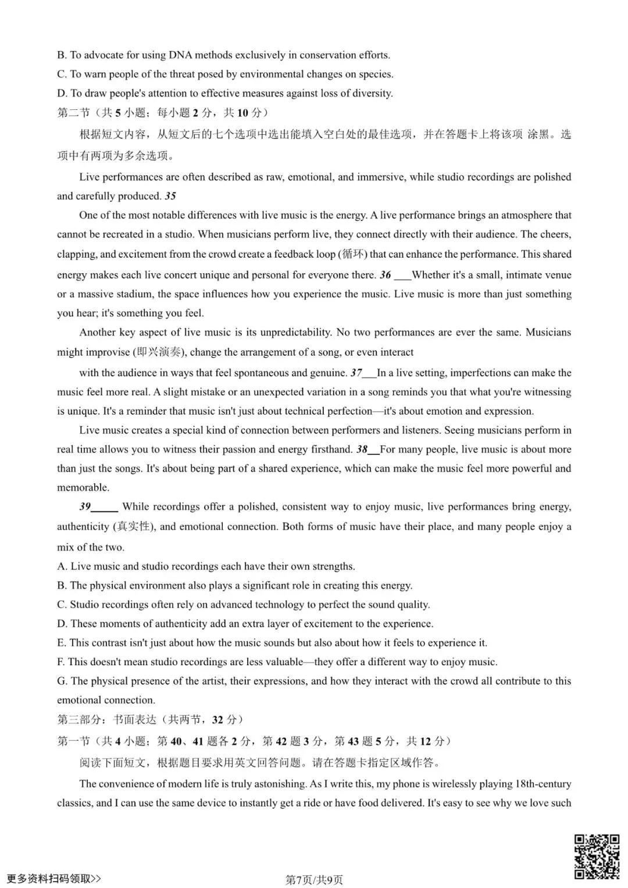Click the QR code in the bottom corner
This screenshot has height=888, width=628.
point(597,856)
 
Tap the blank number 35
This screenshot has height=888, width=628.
point(170,197)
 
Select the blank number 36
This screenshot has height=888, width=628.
point(386,275)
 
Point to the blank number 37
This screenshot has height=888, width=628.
point(356,373)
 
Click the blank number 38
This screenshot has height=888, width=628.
point(362,450)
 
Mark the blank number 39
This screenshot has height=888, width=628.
point(85,507)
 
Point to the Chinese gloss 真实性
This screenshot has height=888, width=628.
point(133,527)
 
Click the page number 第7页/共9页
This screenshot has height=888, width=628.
point(314,879)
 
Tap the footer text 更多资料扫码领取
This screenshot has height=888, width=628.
point(52,878)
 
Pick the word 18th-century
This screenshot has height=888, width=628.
point(543,784)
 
